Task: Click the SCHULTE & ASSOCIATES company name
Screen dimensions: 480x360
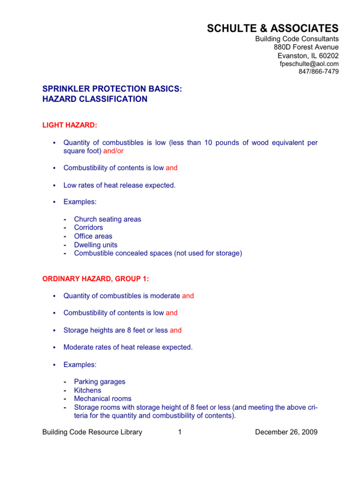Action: (273, 29)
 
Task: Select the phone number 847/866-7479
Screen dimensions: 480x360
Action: (318, 72)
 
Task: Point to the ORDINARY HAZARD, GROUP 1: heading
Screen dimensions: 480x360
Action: (96, 279)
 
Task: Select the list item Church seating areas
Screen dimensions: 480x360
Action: (107, 219)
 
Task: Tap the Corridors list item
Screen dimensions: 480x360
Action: (88, 228)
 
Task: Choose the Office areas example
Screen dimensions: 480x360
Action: (93, 236)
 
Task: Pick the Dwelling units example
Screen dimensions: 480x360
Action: (96, 245)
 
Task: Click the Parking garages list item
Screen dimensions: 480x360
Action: (99, 382)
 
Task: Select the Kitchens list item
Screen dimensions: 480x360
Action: (87, 390)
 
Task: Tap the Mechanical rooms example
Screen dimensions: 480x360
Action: (103, 398)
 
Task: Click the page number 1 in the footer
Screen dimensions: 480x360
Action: (180, 432)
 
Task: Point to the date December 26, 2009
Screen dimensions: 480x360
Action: (286, 432)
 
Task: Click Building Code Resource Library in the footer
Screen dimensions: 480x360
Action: (92, 432)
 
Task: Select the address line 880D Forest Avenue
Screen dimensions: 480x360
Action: (306, 47)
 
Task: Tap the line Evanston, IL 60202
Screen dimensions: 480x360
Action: (308, 55)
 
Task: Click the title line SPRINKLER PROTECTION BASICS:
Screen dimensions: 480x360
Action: (112, 89)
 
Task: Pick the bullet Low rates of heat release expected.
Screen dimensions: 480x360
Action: (120, 185)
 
